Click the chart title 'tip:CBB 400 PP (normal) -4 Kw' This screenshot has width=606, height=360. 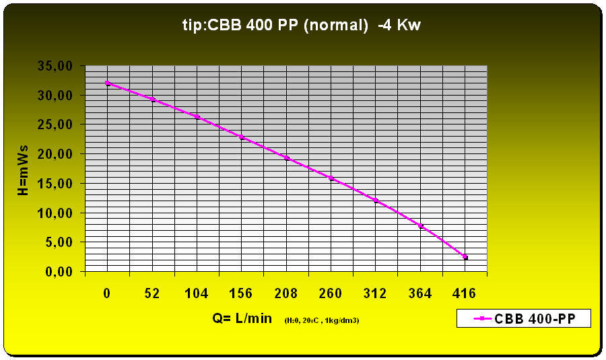(302, 26)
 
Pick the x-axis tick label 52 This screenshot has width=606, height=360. (152, 293)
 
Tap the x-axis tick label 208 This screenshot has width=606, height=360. (286, 293)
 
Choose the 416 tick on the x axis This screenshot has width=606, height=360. (465, 293)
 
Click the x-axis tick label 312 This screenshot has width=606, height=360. (375, 293)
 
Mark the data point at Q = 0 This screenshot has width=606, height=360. (108, 83)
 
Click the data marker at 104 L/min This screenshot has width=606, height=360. (197, 116)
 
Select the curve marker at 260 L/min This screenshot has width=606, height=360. (331, 178)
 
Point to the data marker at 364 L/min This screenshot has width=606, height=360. (420, 226)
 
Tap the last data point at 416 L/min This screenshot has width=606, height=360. (465, 257)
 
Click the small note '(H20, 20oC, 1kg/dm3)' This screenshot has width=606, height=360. (322, 320)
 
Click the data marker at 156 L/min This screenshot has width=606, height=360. (242, 137)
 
